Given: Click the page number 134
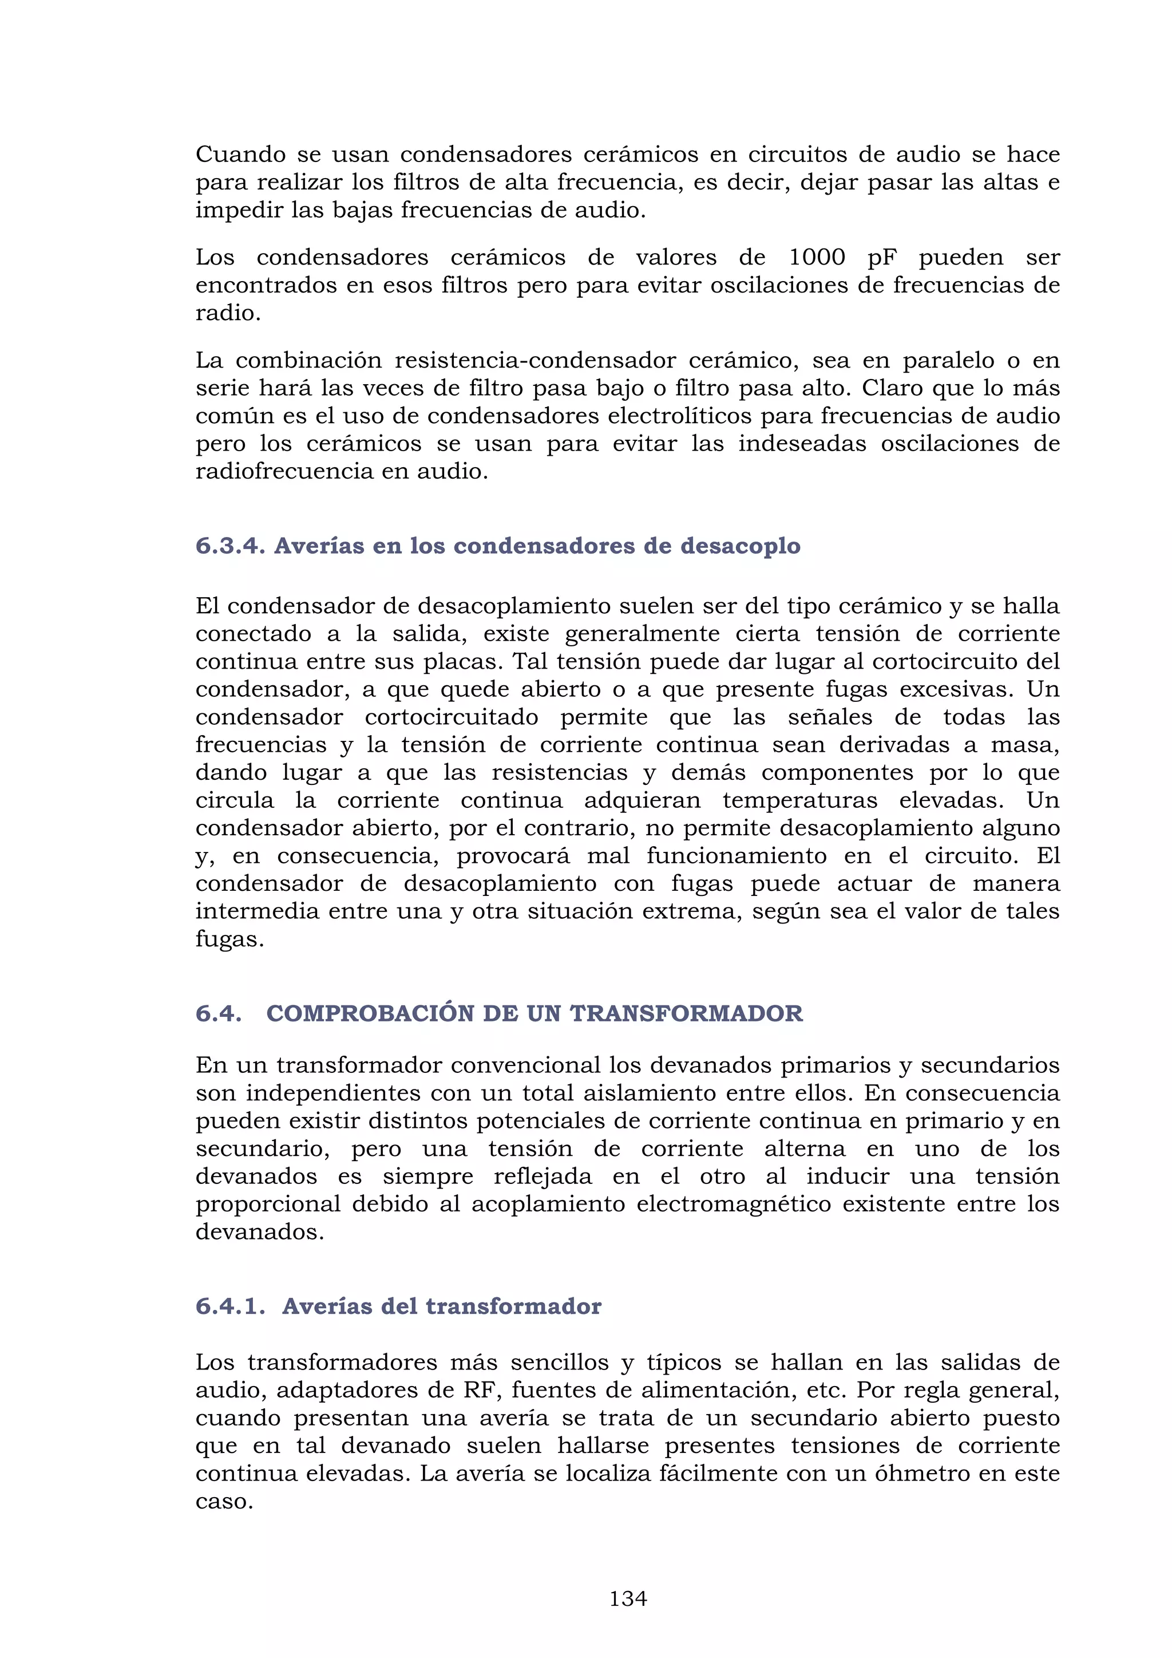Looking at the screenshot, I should pyautogui.click(x=628, y=1599).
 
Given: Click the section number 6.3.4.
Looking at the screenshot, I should pyautogui.click(x=230, y=546).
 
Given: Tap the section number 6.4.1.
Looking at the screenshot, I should pyautogui.click(x=230, y=1306).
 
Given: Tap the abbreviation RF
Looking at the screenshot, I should pyautogui.click(x=478, y=1390).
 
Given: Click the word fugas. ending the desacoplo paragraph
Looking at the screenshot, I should pyautogui.click(x=229, y=939).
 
